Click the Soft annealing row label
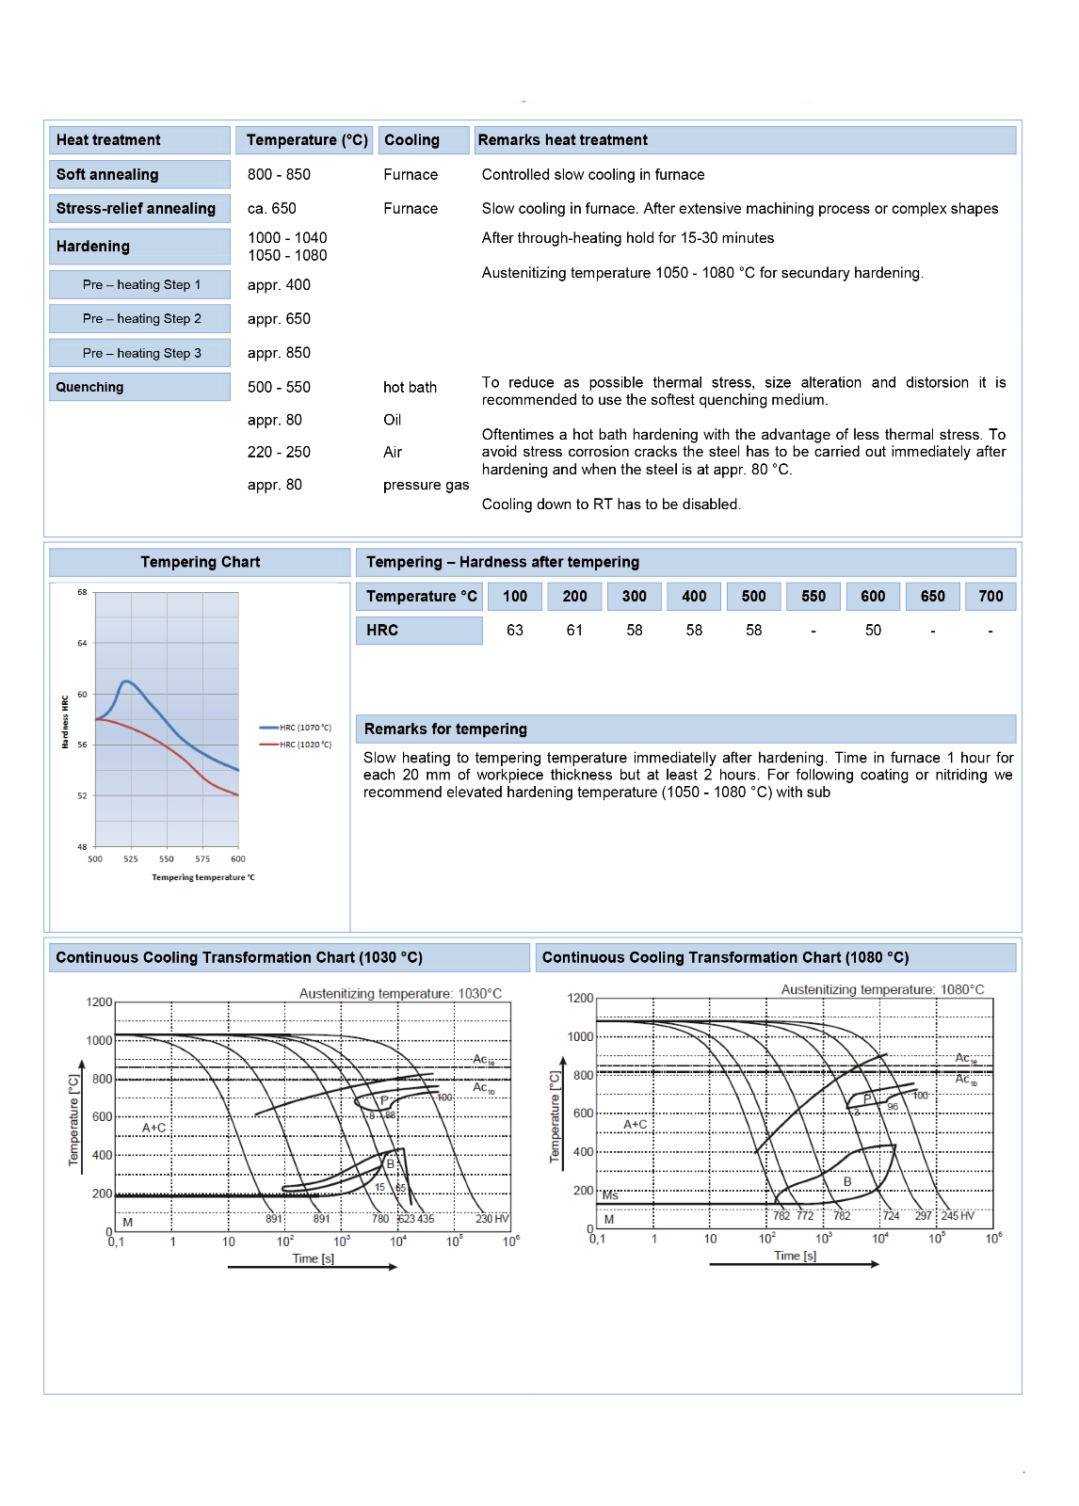[107, 175]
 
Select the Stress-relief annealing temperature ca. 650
[272, 209]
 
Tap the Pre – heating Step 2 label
[142, 319]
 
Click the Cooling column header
[411, 140]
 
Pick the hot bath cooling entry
[410, 388]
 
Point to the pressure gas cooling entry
[426, 486]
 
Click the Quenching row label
[89, 388]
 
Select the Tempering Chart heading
[200, 563]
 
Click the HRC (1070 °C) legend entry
[305, 728]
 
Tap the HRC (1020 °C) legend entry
[305, 745]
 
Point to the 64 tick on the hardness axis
[82, 644]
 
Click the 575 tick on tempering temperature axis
[202, 859]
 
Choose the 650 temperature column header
[932, 597]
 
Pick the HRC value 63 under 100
[515, 631]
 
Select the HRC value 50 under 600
[873, 631]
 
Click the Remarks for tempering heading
[445, 729]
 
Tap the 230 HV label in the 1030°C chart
[491, 1219]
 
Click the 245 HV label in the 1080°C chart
[958, 1216]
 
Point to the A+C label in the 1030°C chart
[154, 1128]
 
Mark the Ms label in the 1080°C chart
[610, 1195]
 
